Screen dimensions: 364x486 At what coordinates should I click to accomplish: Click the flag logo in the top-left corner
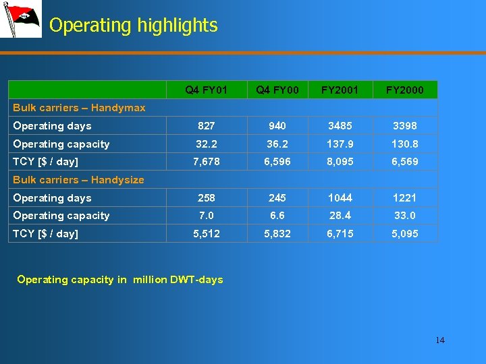(x=20, y=19)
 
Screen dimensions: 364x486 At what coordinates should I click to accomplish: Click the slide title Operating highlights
(x=133, y=26)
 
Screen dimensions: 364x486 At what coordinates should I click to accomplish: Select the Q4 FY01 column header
(x=207, y=90)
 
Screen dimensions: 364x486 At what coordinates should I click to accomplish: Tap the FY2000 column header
(x=405, y=90)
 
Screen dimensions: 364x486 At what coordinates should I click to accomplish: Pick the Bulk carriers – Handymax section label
(x=79, y=108)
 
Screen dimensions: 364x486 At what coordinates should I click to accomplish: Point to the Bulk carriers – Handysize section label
(x=78, y=180)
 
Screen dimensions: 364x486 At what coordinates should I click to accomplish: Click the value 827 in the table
(x=207, y=126)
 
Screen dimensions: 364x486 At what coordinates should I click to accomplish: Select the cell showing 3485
(x=340, y=126)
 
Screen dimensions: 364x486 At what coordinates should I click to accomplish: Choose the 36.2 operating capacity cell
(x=277, y=144)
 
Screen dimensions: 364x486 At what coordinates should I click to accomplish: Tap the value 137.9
(x=340, y=144)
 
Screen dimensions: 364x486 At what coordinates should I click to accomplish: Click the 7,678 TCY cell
(x=207, y=162)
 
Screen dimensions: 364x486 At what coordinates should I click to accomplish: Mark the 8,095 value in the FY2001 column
(x=340, y=162)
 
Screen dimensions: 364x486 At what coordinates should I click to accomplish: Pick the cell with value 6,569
(x=405, y=162)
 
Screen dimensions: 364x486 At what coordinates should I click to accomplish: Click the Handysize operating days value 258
(x=207, y=198)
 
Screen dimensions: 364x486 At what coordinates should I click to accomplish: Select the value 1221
(x=405, y=198)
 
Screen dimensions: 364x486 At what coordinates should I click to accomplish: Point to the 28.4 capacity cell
(x=340, y=216)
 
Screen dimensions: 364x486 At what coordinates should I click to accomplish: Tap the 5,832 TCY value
(x=277, y=234)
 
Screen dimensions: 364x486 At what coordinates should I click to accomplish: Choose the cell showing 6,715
(x=340, y=234)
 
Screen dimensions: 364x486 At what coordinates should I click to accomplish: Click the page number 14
(x=440, y=340)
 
